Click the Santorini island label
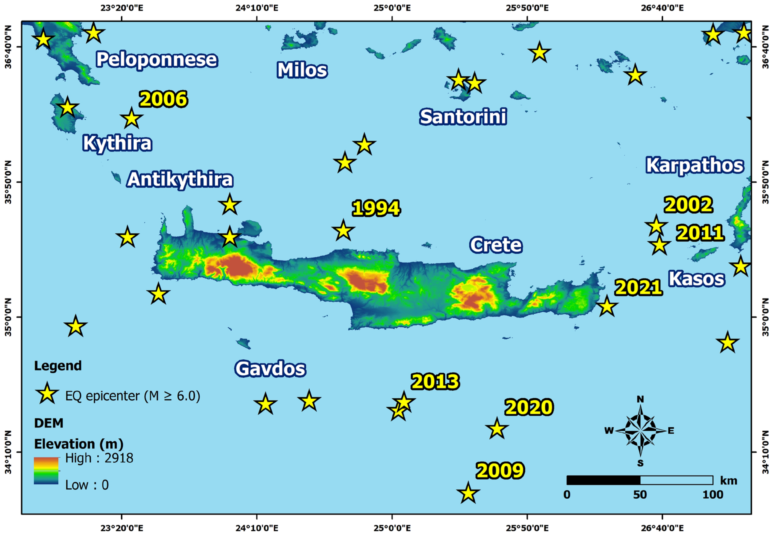[x=463, y=117]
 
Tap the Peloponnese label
[x=157, y=60]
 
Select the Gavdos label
[x=270, y=369]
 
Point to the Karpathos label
[x=695, y=166]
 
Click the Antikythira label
[x=180, y=179]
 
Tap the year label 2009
[x=500, y=471]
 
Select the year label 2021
[x=638, y=288]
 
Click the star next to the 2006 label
[x=131, y=119]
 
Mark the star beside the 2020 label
[x=497, y=429]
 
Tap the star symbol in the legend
[x=47, y=394]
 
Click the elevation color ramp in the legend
[x=46, y=471]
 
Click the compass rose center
[x=640, y=431]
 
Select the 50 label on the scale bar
[x=640, y=495]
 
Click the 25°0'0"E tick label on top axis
[x=392, y=8]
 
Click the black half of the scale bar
[x=603, y=480]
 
